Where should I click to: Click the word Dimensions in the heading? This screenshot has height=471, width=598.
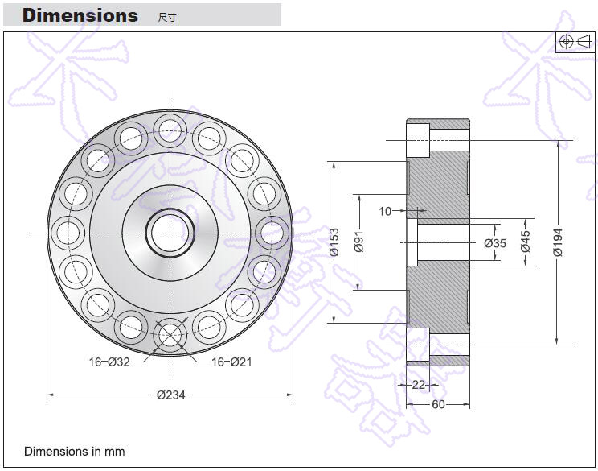pos(80,15)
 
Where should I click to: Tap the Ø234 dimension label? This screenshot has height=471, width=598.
pos(172,395)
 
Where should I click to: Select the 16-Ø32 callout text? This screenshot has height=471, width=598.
pos(109,362)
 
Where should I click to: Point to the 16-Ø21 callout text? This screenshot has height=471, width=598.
pos(231,362)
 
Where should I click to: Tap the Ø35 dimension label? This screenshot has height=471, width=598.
pos(495,243)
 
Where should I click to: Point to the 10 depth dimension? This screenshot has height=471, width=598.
pos(384,211)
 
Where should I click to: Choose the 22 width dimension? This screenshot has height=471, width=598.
pos(418,385)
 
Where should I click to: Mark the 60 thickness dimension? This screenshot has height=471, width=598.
pos(438,404)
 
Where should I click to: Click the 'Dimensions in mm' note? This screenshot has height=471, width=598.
pos(75,452)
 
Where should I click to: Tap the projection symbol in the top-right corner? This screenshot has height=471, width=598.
pos(575,42)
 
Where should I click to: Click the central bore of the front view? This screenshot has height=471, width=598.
pos(170,232)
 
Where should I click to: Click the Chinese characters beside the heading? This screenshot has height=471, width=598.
pos(167,17)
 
